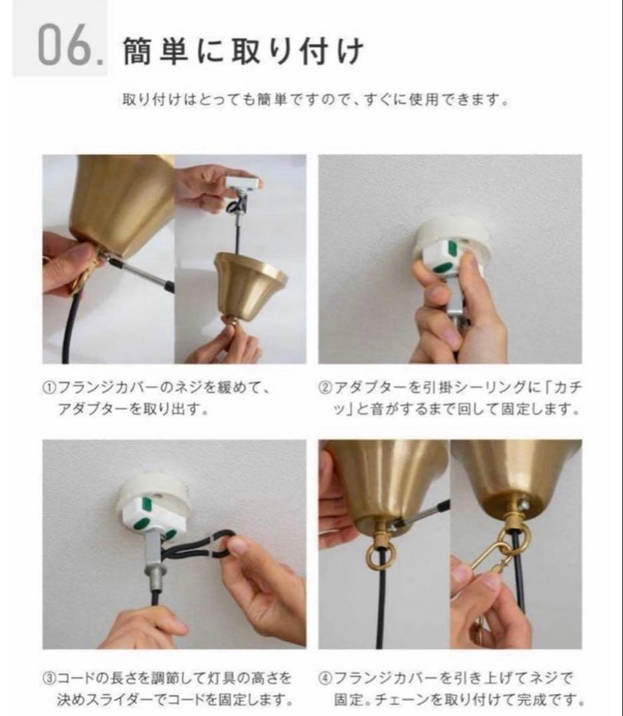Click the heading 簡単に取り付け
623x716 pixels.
(x=243, y=52)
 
